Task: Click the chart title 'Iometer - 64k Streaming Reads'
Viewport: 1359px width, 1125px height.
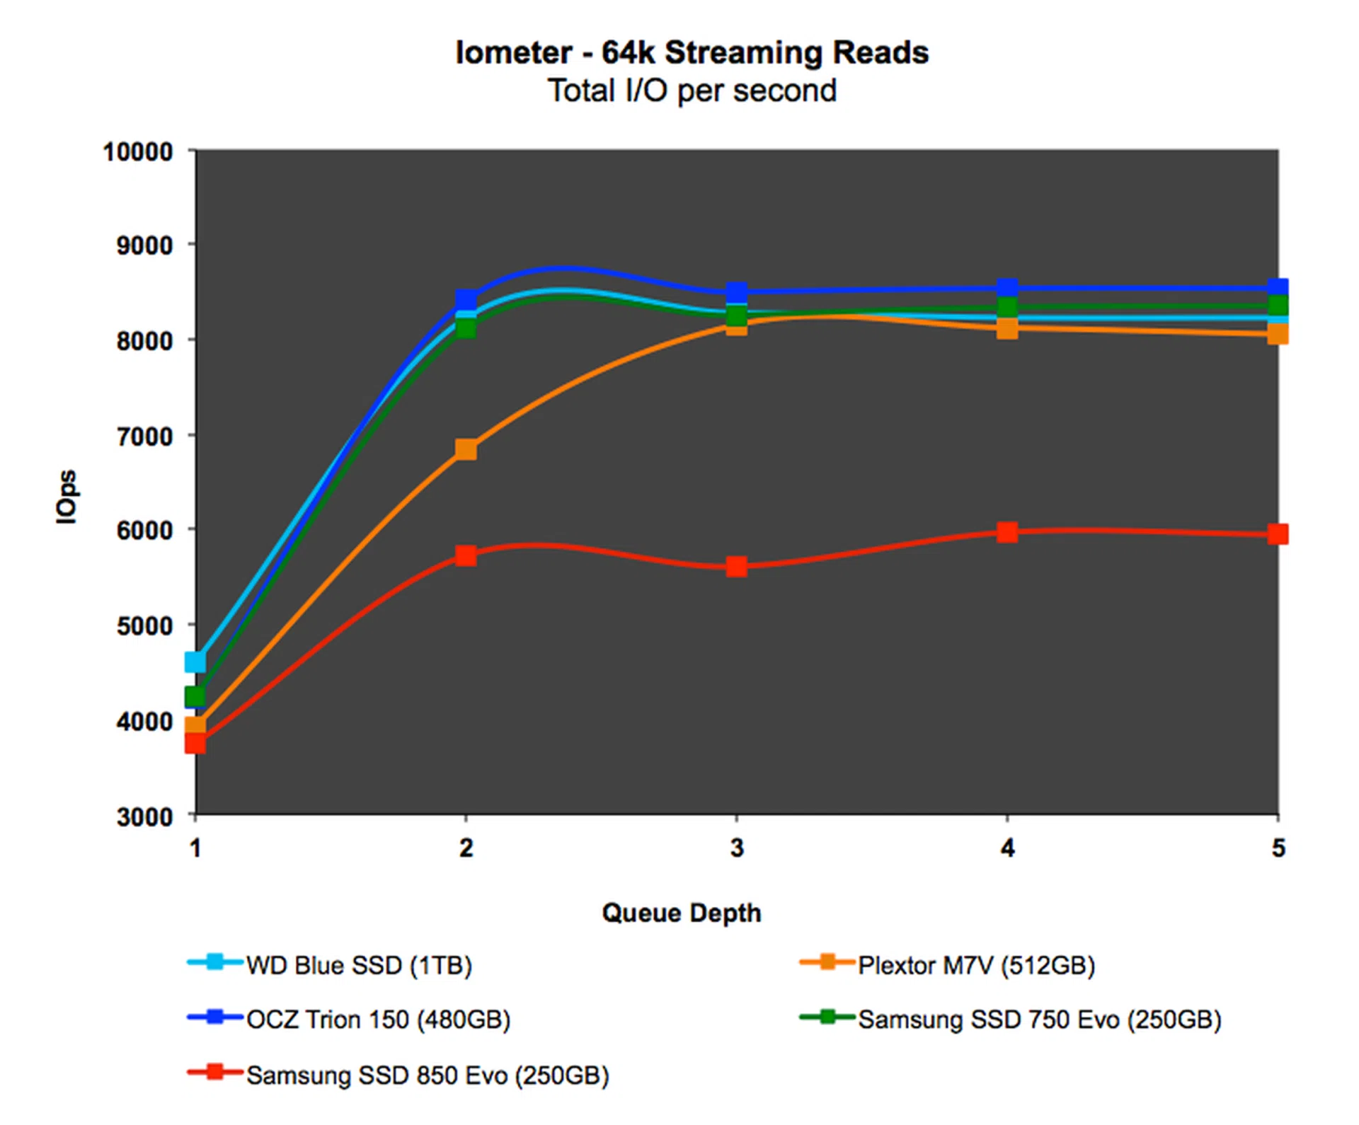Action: tap(692, 53)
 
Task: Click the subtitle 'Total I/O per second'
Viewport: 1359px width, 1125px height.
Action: tap(692, 91)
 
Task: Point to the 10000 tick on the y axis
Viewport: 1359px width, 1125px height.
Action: tap(138, 152)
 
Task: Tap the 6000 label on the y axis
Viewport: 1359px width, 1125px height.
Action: tap(144, 531)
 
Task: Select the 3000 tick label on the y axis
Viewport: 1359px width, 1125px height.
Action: tap(144, 817)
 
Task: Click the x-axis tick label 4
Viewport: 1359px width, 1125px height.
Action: tap(1007, 848)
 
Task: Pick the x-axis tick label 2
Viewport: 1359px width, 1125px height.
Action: tap(466, 848)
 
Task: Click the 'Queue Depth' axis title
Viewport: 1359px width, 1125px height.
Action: tap(682, 913)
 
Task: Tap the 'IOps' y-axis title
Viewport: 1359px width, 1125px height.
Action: tap(67, 497)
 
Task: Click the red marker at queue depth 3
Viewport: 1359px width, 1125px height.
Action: tap(737, 566)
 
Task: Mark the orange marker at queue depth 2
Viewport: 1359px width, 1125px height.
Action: tap(466, 449)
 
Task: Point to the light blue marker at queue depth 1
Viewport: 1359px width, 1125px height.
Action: tap(195, 662)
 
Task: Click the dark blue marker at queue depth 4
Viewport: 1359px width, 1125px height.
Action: tap(1007, 288)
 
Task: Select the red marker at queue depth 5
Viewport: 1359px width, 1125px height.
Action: tap(1278, 534)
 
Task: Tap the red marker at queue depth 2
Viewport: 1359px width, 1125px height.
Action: tap(466, 555)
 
